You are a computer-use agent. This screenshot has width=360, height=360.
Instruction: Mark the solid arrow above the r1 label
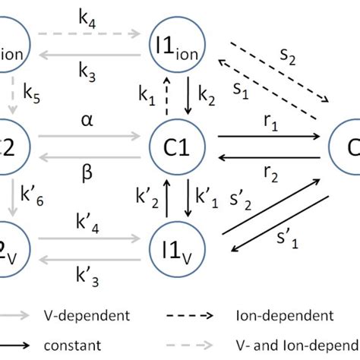click(269, 137)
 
